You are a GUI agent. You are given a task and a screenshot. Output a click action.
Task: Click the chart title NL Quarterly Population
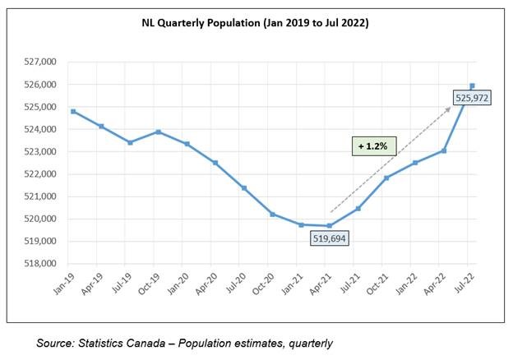coord(255,25)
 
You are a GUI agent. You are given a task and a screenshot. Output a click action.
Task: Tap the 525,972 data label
coord(474,99)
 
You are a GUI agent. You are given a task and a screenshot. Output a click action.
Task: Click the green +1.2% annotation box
coord(374,146)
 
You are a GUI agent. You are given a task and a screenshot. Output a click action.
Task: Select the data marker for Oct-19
coord(159,132)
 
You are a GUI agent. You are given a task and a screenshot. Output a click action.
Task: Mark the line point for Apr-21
coord(329,226)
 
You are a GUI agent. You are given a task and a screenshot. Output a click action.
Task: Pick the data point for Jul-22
coord(472,85)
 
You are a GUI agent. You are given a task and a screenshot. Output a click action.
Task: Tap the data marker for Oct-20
coord(272,214)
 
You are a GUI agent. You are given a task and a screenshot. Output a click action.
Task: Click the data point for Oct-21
coord(386,178)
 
